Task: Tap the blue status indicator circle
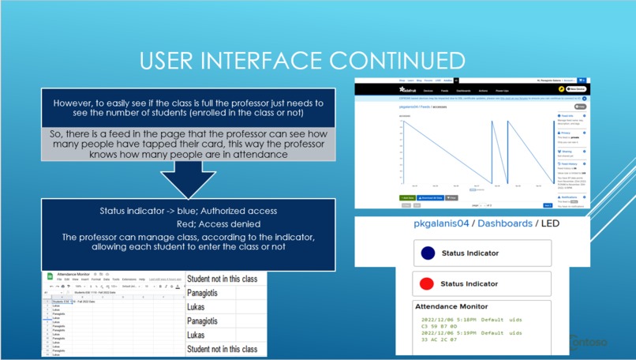pyautogui.click(x=428, y=253)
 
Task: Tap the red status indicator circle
pyautogui.click(x=428, y=283)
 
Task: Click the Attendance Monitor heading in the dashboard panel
pyautogui.click(x=451, y=306)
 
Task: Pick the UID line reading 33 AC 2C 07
pyautogui.click(x=439, y=339)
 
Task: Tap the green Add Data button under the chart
pyautogui.click(x=407, y=197)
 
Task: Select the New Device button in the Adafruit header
pyautogui.click(x=575, y=89)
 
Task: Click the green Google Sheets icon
pyautogui.click(x=50, y=276)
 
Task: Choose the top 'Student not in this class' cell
pyautogui.click(x=222, y=279)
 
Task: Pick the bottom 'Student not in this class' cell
pyautogui.click(x=222, y=349)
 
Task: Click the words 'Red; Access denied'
pyautogui.click(x=188, y=224)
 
